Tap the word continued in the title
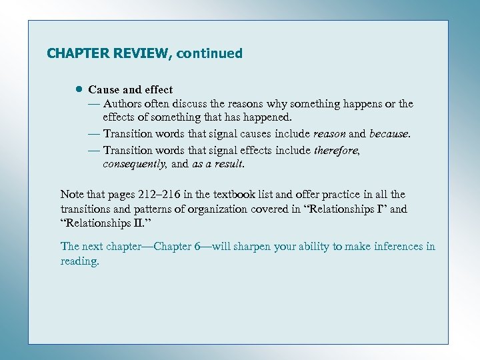(209, 53)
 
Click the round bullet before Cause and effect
(78, 89)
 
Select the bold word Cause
(102, 89)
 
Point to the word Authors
(123, 104)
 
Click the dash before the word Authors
(93, 104)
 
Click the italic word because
(387, 133)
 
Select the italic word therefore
(336, 151)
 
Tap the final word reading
(79, 261)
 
